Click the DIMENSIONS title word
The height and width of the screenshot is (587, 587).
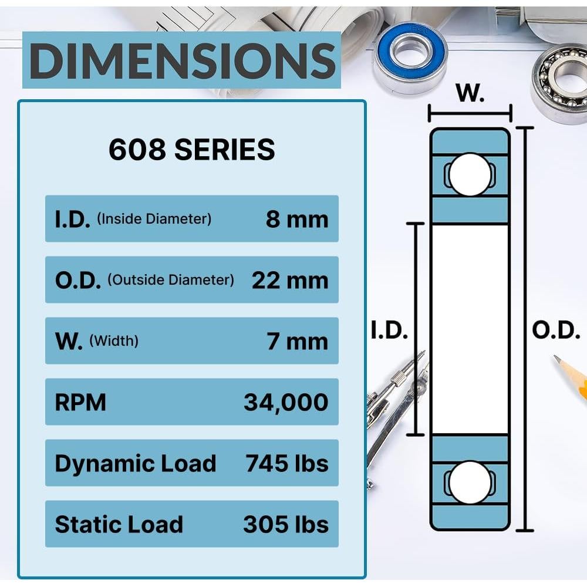pyautogui.click(x=183, y=60)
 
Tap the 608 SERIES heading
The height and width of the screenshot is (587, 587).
pyautogui.click(x=192, y=149)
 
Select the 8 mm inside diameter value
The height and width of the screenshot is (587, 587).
pyautogui.click(x=297, y=219)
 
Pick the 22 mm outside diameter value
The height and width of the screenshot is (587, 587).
pyautogui.click(x=290, y=280)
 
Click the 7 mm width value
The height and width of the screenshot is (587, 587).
pyautogui.click(x=298, y=341)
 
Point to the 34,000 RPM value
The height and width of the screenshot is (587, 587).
pyautogui.click(x=286, y=403)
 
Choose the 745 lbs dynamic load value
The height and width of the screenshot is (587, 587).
pyautogui.click(x=287, y=464)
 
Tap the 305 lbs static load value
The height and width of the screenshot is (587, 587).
pyautogui.click(x=286, y=524)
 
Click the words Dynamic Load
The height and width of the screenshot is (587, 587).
pyautogui.click(x=136, y=464)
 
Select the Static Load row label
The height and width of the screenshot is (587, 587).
pyautogui.click(x=119, y=524)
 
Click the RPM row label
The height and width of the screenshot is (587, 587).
pyautogui.click(x=80, y=403)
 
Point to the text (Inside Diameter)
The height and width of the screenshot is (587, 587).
pyautogui.click(x=154, y=218)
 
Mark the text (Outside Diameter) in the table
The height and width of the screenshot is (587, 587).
pyautogui.click(x=171, y=279)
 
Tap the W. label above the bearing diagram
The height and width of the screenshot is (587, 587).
pyautogui.click(x=470, y=93)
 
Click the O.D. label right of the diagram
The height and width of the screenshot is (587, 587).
pyautogui.click(x=556, y=330)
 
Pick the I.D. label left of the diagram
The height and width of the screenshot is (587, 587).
pyautogui.click(x=389, y=330)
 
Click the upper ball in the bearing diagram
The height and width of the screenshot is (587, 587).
pyautogui.click(x=470, y=174)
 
